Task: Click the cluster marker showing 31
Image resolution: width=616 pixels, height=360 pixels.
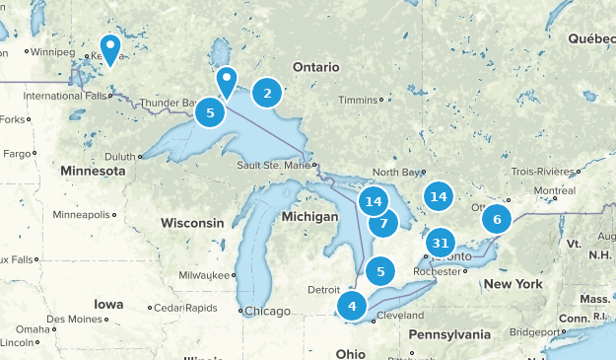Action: [441, 243]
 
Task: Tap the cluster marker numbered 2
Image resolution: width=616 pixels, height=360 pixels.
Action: [266, 94]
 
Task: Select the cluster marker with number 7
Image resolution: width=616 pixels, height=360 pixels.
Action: [383, 223]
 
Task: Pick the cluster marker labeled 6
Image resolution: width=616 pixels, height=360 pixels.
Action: [497, 220]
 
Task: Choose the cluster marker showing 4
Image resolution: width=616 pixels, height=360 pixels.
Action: [352, 306]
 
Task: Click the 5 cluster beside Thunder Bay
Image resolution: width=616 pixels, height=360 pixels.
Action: [210, 112]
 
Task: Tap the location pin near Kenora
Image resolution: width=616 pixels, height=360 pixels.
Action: [109, 47]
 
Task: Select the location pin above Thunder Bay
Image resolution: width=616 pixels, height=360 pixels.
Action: [228, 80]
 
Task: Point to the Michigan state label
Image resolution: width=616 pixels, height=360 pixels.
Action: [308, 216]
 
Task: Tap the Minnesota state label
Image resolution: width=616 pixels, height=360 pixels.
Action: [93, 171]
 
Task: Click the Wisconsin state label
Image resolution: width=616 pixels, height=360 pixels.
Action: [192, 223]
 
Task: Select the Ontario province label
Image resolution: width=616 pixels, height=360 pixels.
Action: [316, 66]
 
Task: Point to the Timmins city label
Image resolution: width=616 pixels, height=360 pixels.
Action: [358, 100]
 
